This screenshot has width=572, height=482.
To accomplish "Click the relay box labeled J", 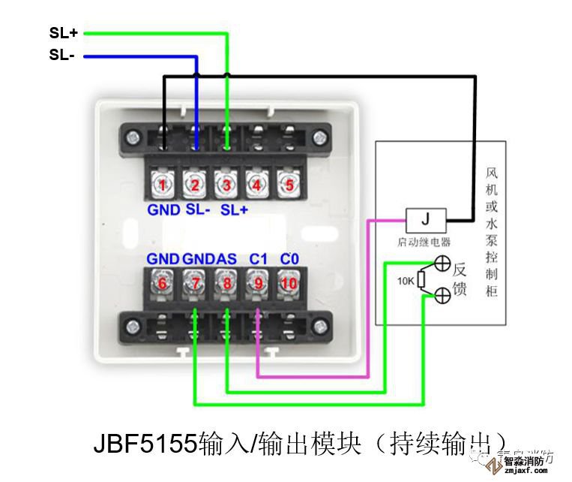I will [x=426, y=220].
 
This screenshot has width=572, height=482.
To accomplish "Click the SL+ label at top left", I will [x=63, y=33].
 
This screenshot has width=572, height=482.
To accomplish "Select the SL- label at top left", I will [x=61, y=56].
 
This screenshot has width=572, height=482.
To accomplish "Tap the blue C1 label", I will [x=259, y=259].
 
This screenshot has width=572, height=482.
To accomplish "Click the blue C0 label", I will [x=289, y=259].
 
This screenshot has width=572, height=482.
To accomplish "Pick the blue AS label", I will [x=226, y=259].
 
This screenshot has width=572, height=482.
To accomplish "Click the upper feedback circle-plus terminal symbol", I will [x=442, y=264].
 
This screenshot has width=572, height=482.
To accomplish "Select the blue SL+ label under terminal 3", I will [x=234, y=210].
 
